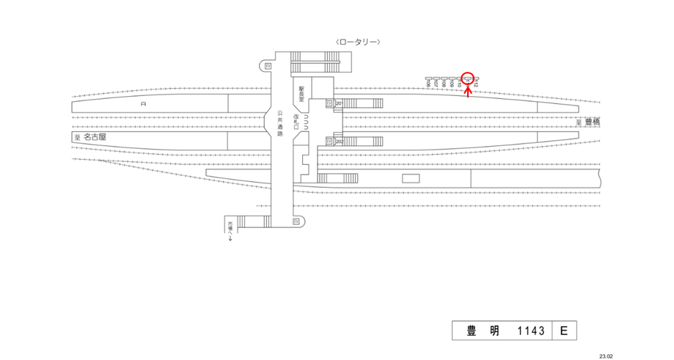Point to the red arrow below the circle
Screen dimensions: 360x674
coord(469,91)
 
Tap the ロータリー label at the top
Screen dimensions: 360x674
coord(357,42)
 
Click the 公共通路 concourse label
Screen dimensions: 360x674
coord(280,123)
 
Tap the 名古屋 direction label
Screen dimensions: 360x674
coord(94,137)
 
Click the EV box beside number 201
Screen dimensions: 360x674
coord(329,103)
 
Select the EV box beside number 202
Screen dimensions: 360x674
coord(329,142)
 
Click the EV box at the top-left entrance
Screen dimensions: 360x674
coord(268,66)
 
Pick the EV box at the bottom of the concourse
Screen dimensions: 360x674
coord(296,221)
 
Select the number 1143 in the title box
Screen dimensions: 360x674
coord(530,331)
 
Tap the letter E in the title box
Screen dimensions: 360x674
coord(563,331)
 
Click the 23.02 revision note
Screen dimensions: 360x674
coord(605,356)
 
